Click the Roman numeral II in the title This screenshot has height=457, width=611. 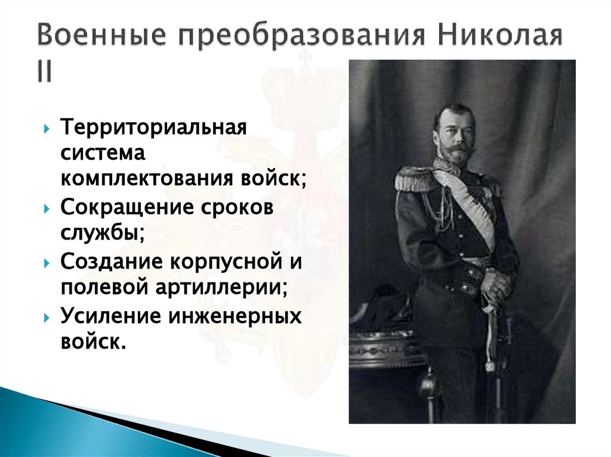click(44, 71)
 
